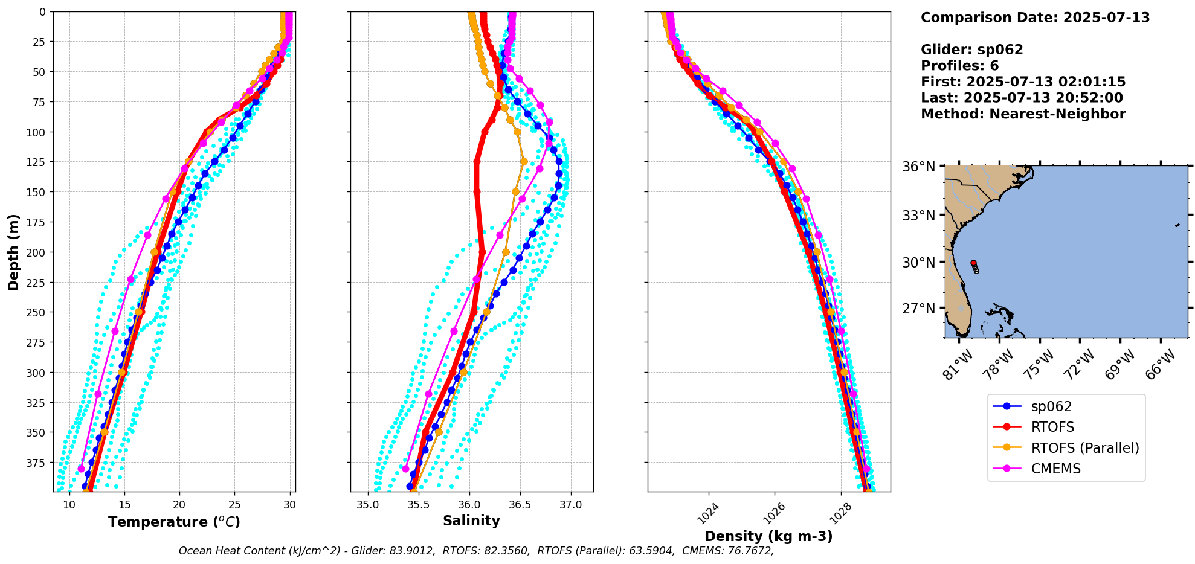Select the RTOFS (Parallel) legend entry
click(1084, 448)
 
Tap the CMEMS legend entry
click(1055, 469)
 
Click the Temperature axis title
click(174, 522)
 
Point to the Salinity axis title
click(471, 521)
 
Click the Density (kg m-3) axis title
click(768, 536)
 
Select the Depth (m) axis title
click(14, 252)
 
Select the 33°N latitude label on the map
click(919, 216)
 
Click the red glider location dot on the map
click(973, 263)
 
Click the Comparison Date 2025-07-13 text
click(1035, 18)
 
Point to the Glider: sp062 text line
click(971, 50)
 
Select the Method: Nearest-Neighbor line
click(1023, 114)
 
